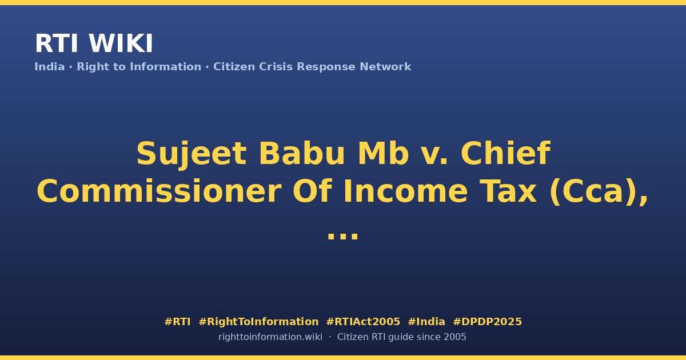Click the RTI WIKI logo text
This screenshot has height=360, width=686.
(x=94, y=43)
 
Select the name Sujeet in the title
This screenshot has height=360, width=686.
(x=192, y=154)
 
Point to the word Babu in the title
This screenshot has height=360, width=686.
(x=302, y=153)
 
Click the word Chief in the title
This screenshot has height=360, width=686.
(x=505, y=153)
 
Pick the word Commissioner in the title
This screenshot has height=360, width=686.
(x=159, y=191)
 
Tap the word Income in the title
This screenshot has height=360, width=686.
(x=406, y=191)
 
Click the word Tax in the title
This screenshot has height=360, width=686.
(x=508, y=191)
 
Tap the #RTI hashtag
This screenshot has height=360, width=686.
(x=177, y=322)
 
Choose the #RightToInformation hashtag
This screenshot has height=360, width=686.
(x=258, y=322)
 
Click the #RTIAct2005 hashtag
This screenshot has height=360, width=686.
(x=363, y=322)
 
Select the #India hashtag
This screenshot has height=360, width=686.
(x=426, y=322)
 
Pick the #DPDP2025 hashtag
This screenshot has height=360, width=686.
(x=487, y=322)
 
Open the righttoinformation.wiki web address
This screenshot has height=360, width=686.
(x=270, y=337)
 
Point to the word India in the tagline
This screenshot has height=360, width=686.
(x=50, y=67)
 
